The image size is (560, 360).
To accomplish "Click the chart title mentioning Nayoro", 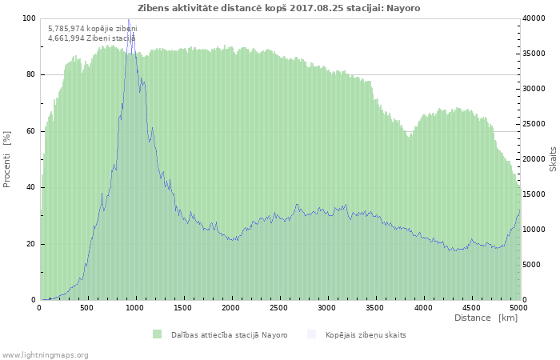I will coord(278,8).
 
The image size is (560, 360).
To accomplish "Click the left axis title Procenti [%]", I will coord(7,159).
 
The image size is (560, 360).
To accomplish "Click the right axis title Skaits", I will coord(553,159).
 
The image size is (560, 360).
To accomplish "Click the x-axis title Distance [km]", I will coord(486,318).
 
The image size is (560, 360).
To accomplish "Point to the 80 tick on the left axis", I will coord(31,74).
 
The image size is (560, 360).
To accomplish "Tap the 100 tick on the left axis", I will coord(29,18).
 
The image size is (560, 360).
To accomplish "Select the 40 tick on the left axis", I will coord(31,187).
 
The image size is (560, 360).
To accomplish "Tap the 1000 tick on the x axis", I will coord(135,307).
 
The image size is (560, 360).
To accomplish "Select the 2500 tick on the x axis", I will coord(279,307).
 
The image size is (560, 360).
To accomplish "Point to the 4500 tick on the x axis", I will coord(470,307).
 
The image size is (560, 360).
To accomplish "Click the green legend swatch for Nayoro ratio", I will coord(157,334).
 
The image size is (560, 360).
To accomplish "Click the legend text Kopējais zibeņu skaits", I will coord(366,334).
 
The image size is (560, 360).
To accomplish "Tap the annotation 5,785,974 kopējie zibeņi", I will coord(92,29).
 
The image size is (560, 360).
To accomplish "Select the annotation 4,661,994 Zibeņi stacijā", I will coord(91,38).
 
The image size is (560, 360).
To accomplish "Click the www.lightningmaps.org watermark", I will coord(45,354).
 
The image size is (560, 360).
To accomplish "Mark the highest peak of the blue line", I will coord(128,19).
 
